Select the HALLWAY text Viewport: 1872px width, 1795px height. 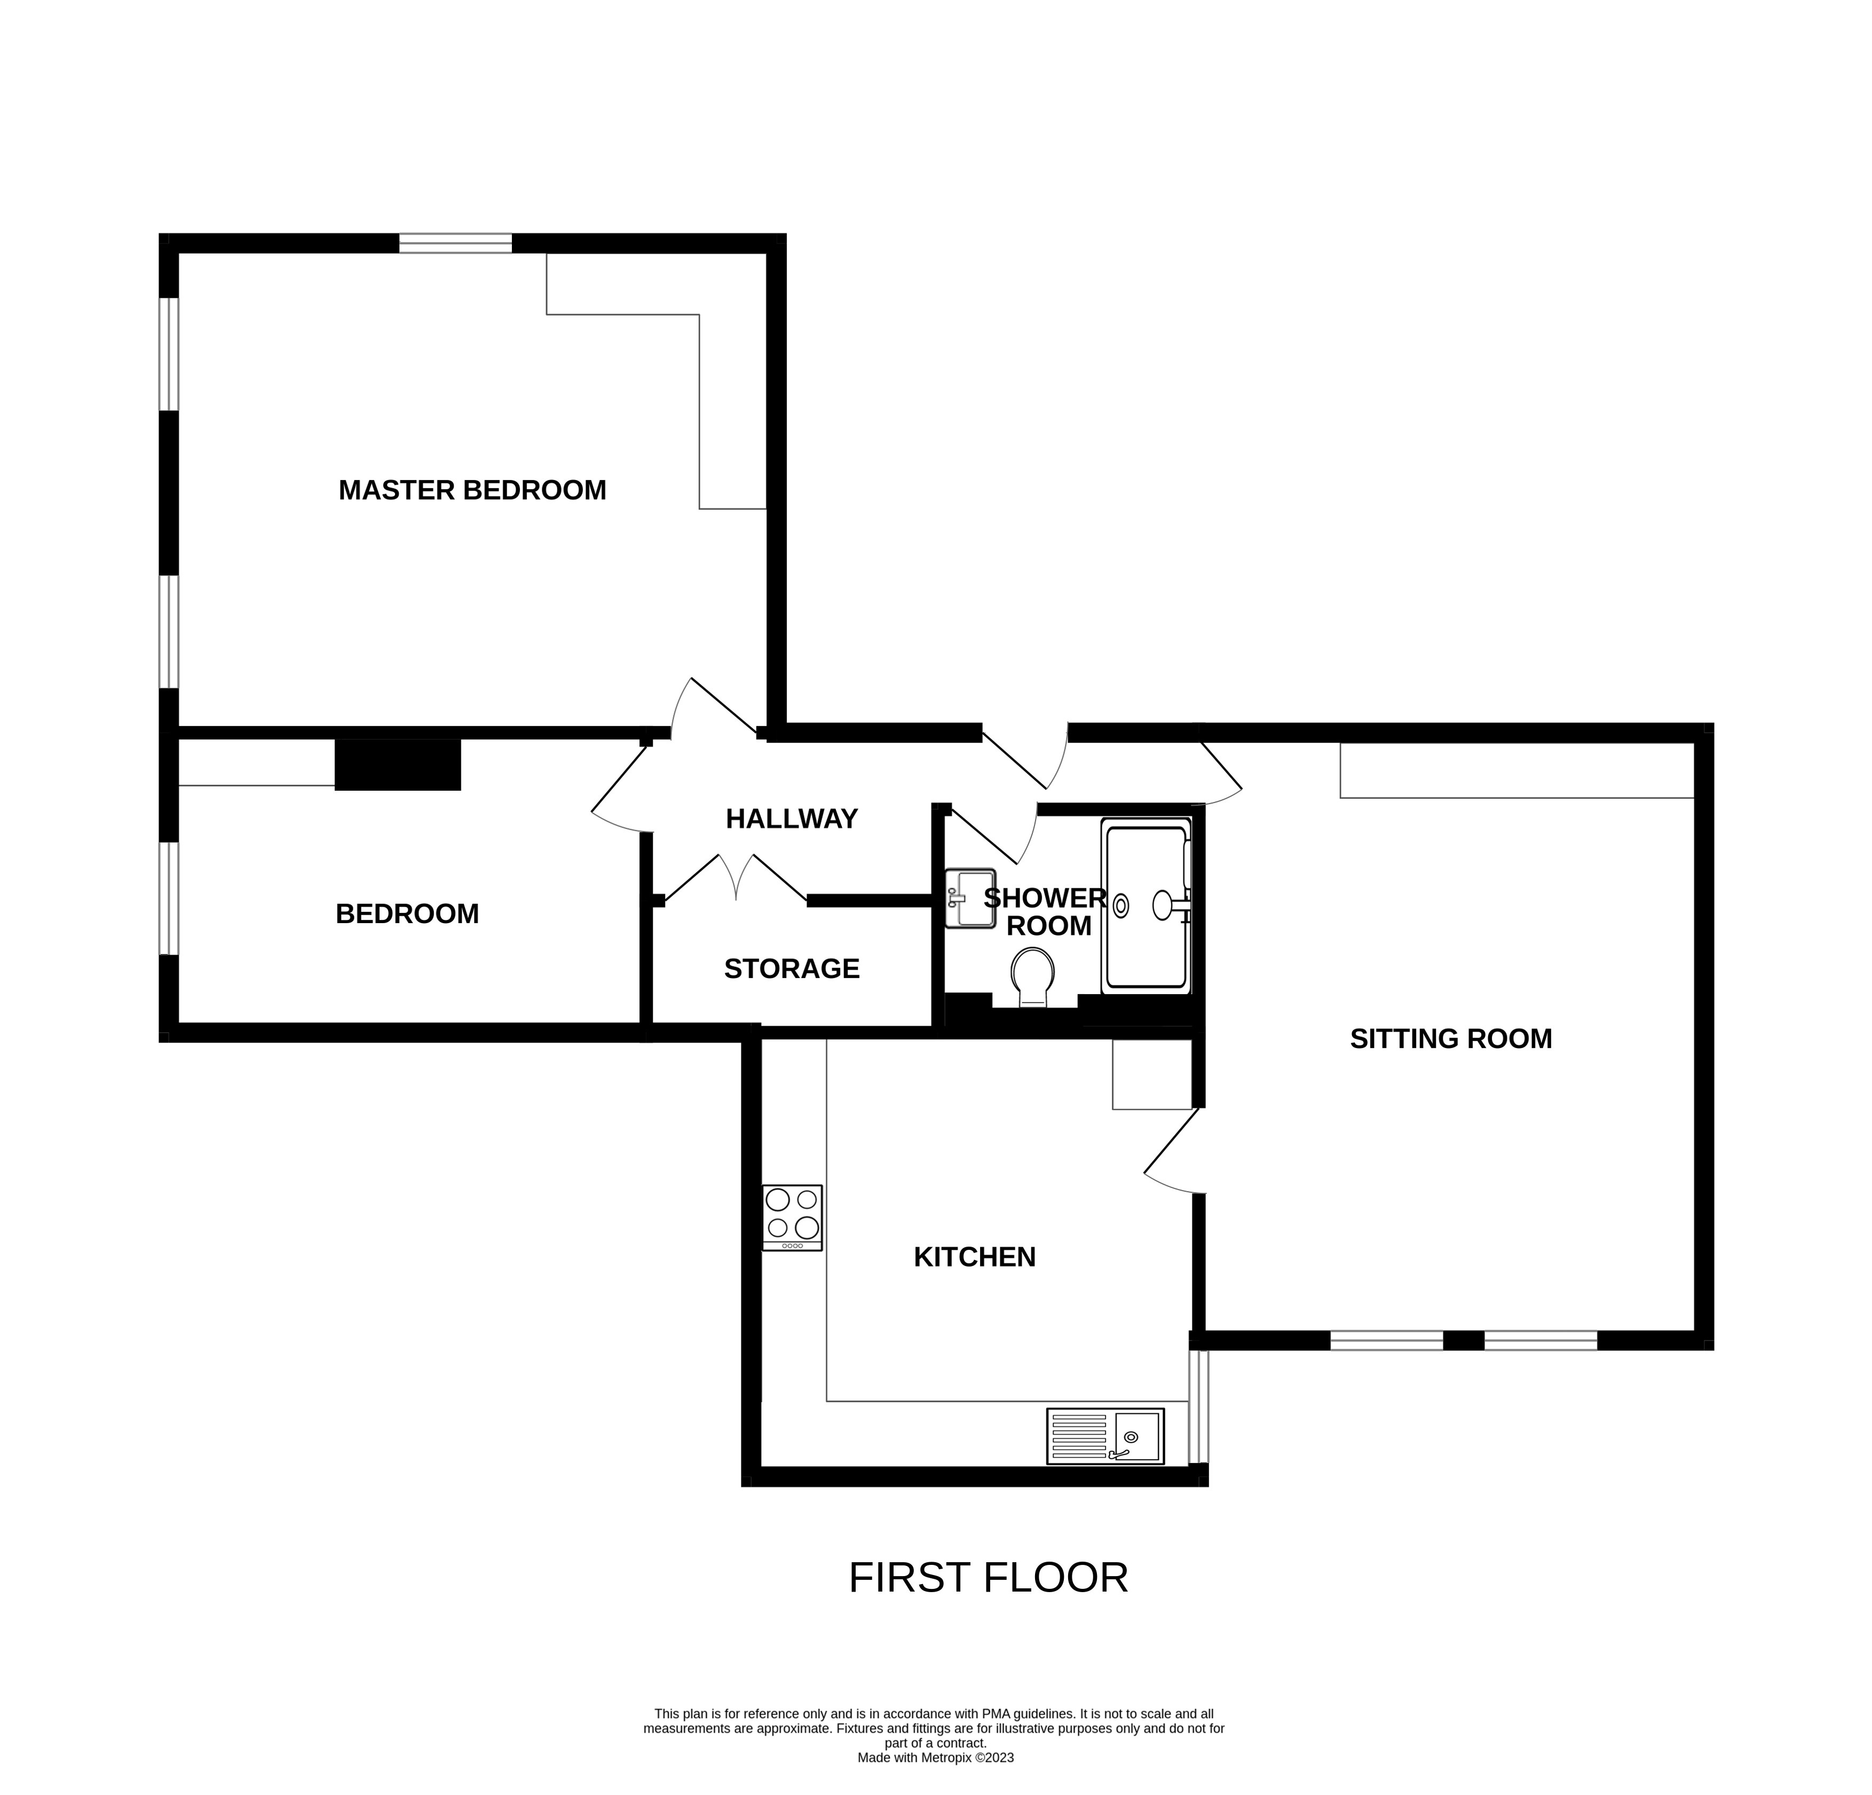pos(791,818)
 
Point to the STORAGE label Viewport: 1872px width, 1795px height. pos(791,969)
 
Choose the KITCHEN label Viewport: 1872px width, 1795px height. pos(974,1257)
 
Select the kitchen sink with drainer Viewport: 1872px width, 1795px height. pos(1105,1437)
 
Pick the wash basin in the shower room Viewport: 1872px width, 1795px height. pos(969,898)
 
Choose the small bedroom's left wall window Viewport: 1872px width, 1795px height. pos(169,898)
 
